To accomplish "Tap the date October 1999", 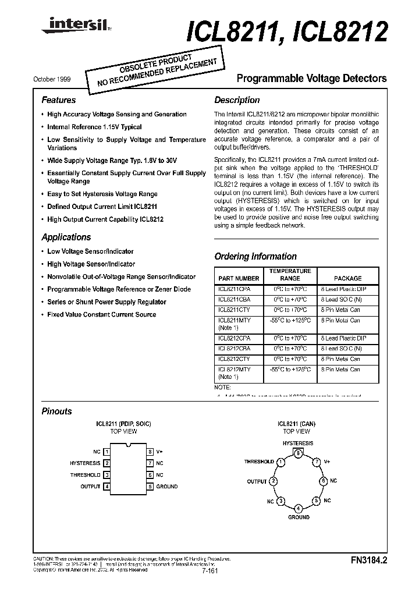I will tap(53, 78).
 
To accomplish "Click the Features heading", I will tap(59, 100).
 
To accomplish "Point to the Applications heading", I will tap(66, 237).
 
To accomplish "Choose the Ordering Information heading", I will tap(255, 257).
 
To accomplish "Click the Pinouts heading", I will tap(57, 411).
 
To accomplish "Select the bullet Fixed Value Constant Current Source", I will tap(102, 315).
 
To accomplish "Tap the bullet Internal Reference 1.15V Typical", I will tap(94, 127).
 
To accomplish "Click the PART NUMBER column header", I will tap(239, 279).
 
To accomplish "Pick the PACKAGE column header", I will tap(347, 279).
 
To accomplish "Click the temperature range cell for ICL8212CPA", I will tap(290, 338).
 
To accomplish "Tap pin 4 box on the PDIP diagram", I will tap(106, 487).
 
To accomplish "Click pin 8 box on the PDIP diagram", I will tap(150, 452).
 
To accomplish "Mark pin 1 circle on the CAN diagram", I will tap(281, 462).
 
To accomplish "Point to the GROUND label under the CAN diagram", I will tap(299, 517).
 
